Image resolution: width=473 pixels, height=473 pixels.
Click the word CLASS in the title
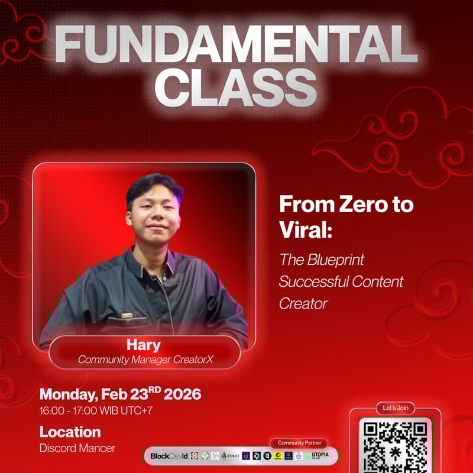(236, 88)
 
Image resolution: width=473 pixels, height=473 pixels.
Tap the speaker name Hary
(144, 345)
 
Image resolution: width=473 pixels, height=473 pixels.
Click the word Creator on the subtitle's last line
(303, 303)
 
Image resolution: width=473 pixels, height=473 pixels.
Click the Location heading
(70, 432)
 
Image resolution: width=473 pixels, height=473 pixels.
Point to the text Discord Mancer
(77, 448)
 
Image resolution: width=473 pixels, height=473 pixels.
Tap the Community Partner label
(299, 443)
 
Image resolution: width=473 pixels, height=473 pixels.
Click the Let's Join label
(395, 408)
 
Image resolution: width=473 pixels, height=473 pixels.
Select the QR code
(395, 446)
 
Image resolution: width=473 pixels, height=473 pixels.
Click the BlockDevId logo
(169, 456)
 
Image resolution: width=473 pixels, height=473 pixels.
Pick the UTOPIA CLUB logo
(323, 456)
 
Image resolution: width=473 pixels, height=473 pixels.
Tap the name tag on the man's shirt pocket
(127, 315)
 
